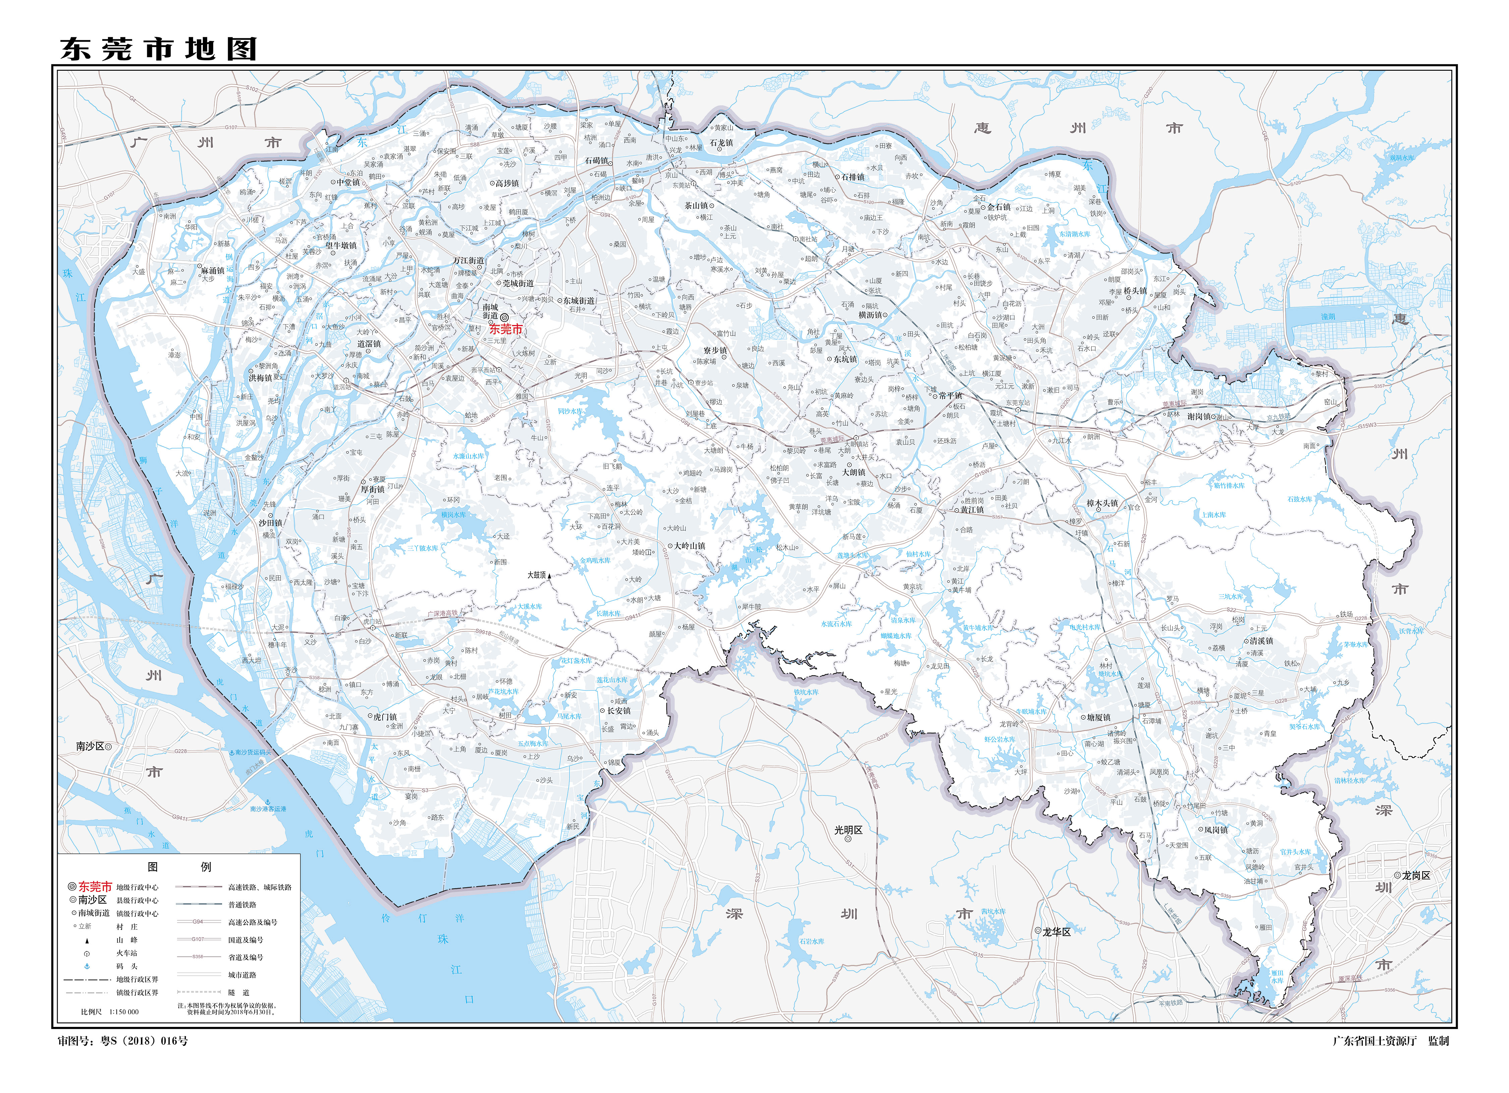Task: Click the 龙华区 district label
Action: tap(1057, 932)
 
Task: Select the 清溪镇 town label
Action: tap(1261, 641)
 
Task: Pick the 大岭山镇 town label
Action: tap(689, 546)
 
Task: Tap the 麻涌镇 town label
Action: tap(213, 271)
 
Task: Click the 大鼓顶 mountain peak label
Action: tap(536, 575)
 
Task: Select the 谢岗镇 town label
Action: tap(1199, 417)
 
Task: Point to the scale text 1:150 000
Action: tap(124, 1012)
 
